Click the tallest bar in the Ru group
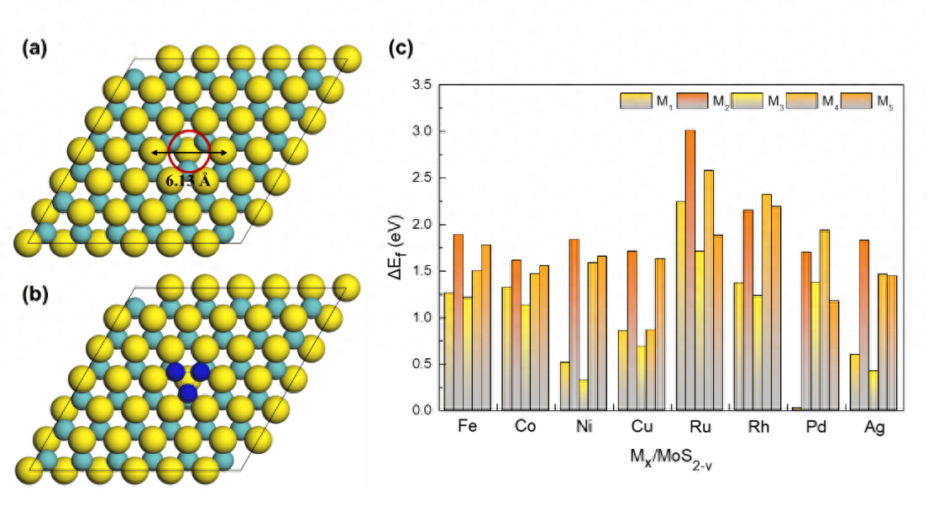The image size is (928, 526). (690, 268)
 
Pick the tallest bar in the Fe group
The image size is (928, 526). (458, 323)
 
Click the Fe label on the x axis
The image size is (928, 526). (468, 427)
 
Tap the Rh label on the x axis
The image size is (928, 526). (758, 427)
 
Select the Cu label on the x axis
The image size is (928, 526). (642, 427)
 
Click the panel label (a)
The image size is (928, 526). (34, 49)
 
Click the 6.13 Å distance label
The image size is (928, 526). (186, 179)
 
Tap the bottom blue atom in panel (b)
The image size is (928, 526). (188, 393)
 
